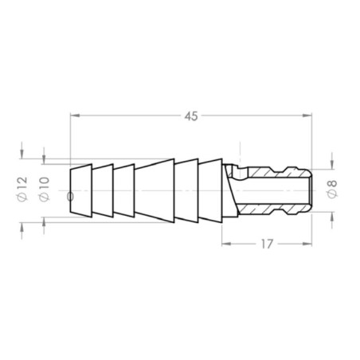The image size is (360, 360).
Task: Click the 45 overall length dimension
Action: pyautogui.click(x=190, y=116)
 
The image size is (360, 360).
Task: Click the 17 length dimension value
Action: pyautogui.click(x=266, y=244)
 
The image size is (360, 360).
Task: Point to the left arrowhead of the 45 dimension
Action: pyautogui.click(x=74, y=116)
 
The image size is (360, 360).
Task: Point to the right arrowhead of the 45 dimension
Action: pyautogui.click(x=307, y=116)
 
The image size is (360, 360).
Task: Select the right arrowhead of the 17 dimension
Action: pyautogui.click(x=307, y=244)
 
